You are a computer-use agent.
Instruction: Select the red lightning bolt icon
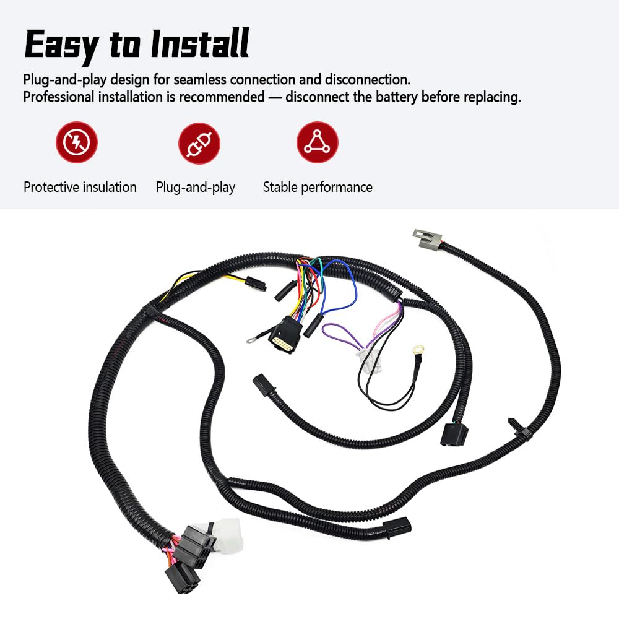77,142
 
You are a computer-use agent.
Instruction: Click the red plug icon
199,142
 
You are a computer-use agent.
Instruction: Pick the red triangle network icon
317,142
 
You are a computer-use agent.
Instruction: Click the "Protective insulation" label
80,187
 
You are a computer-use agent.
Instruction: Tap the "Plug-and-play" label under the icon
196,187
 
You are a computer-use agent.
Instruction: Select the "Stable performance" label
318,187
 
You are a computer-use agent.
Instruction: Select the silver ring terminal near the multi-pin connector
251,340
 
